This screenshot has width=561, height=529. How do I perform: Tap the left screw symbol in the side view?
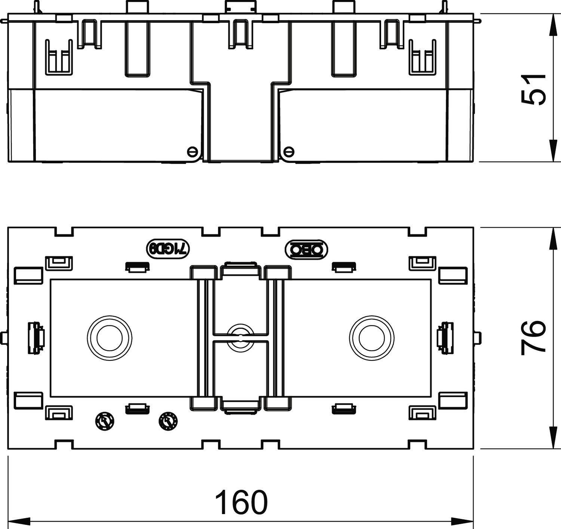click(x=192, y=151)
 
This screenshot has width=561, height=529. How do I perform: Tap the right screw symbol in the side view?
click(x=289, y=151)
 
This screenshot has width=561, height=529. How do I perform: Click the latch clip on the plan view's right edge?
click(x=446, y=337)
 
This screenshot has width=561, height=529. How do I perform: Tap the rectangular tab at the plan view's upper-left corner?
click(x=28, y=275)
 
